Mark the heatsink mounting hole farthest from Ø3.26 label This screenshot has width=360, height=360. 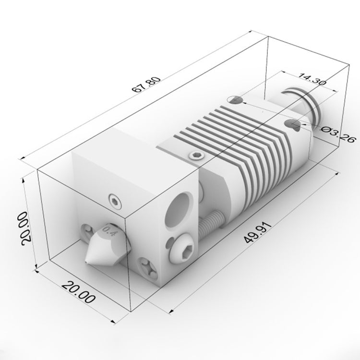[x=236, y=100]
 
